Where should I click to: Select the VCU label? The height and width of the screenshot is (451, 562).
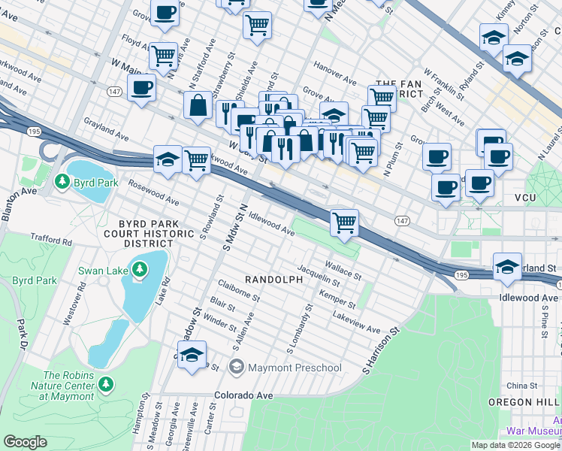click(529, 197)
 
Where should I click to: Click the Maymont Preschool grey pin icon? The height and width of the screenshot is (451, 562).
click(237, 368)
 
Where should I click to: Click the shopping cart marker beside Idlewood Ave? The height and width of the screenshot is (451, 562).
click(344, 222)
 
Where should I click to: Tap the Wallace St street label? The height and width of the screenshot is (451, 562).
click(343, 267)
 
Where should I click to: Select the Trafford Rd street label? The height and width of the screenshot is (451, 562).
click(51, 241)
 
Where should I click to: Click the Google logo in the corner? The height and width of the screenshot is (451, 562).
click(26, 442)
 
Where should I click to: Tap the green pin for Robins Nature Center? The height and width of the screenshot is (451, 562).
click(106, 385)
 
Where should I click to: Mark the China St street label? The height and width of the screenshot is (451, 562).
click(521, 386)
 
